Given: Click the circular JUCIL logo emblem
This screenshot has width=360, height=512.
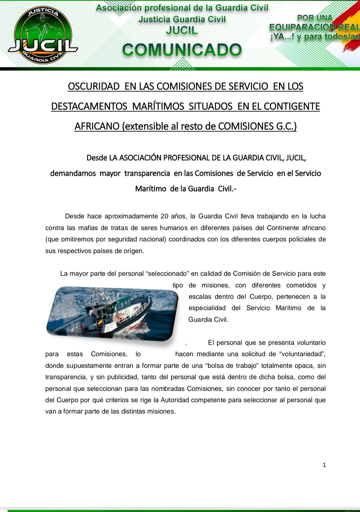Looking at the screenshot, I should pyautogui.click(x=43, y=34).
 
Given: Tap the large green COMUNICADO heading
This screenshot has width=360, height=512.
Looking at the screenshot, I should pyautogui.click(x=182, y=50).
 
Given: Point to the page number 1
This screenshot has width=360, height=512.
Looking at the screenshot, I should pyautogui.click(x=324, y=465).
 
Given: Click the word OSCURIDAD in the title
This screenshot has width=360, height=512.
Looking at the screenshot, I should pyautogui.click(x=93, y=86).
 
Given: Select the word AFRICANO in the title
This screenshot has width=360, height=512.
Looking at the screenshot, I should pyautogui.click(x=97, y=126).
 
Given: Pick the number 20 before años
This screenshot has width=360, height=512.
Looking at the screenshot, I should pyautogui.click(x=164, y=216).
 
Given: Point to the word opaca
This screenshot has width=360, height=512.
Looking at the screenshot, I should pyautogui.click(x=304, y=366).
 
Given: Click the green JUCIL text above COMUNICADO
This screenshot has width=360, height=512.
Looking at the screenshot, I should pyautogui.click(x=182, y=31).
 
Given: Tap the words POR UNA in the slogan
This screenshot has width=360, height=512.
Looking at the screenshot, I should pyautogui.click(x=314, y=18).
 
